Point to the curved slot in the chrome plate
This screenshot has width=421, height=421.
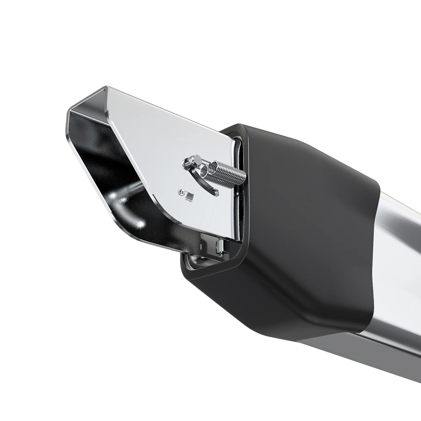click(x=206, y=181)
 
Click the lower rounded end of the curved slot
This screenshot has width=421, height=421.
click(x=216, y=193)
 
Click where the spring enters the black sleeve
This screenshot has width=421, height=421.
click(x=242, y=175)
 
